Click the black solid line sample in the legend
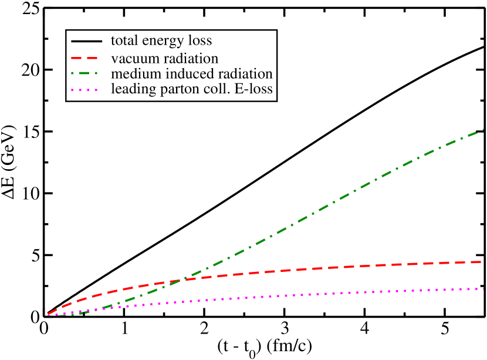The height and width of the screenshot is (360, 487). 87,42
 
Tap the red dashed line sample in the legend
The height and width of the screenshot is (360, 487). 87,58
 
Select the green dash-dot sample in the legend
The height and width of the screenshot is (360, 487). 87,74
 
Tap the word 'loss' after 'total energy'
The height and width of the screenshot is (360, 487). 198,41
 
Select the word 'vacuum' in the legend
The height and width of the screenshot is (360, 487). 133,59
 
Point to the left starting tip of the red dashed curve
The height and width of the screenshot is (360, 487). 49,314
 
